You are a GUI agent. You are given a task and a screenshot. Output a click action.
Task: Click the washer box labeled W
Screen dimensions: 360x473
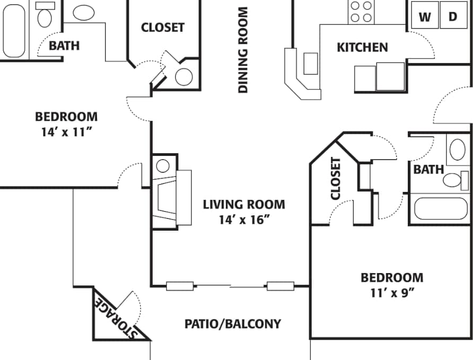click(x=425, y=16)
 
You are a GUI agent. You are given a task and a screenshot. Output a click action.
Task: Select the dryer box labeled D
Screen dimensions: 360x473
click(x=453, y=16)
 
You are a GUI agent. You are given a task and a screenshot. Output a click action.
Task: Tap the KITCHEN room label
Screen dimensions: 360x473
click(x=362, y=48)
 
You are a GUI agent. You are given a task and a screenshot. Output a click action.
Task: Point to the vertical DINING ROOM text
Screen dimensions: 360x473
click(x=243, y=50)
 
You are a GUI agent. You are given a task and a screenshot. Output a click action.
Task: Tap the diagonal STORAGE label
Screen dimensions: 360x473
click(x=115, y=318)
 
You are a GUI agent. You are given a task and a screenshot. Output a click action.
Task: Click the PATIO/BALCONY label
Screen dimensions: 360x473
click(x=233, y=323)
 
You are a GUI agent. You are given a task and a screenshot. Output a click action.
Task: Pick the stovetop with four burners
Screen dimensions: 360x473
click(x=362, y=12)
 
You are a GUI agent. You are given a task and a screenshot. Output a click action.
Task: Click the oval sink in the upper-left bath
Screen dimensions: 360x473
click(x=83, y=13)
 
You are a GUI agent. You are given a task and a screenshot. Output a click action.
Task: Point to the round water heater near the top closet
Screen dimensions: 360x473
click(x=183, y=77)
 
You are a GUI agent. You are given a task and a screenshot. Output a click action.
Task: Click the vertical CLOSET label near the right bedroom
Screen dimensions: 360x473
click(x=335, y=179)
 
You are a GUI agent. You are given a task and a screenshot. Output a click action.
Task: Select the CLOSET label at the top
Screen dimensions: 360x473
click(x=163, y=28)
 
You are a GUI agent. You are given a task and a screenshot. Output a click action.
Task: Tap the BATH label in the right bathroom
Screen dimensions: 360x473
click(x=428, y=170)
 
